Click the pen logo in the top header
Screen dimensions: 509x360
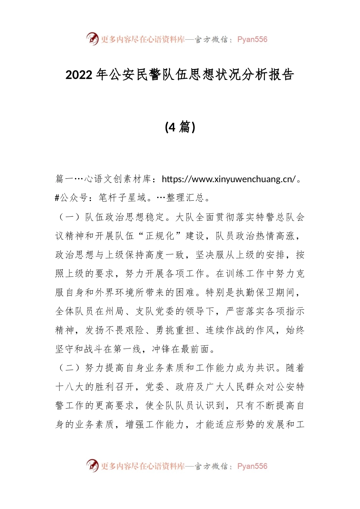coord(92,39)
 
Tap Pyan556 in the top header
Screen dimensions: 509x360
coord(252,39)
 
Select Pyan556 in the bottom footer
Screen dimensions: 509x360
coord(252,466)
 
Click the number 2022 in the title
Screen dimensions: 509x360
coord(79,75)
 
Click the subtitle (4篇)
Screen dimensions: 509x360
coord(180,127)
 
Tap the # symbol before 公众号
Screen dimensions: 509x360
coord(57,198)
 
